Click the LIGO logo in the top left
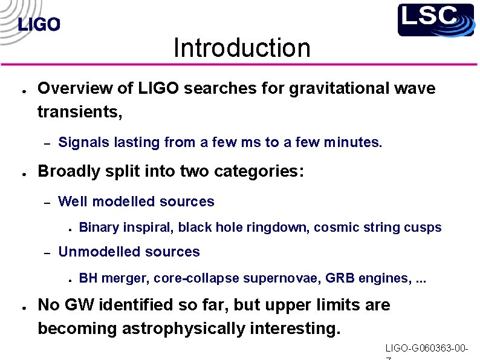coord(39,25)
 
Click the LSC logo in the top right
coord(435,20)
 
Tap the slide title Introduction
coord(241,48)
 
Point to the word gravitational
coord(326,88)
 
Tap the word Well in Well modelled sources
coord(73,201)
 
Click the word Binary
coord(99,227)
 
